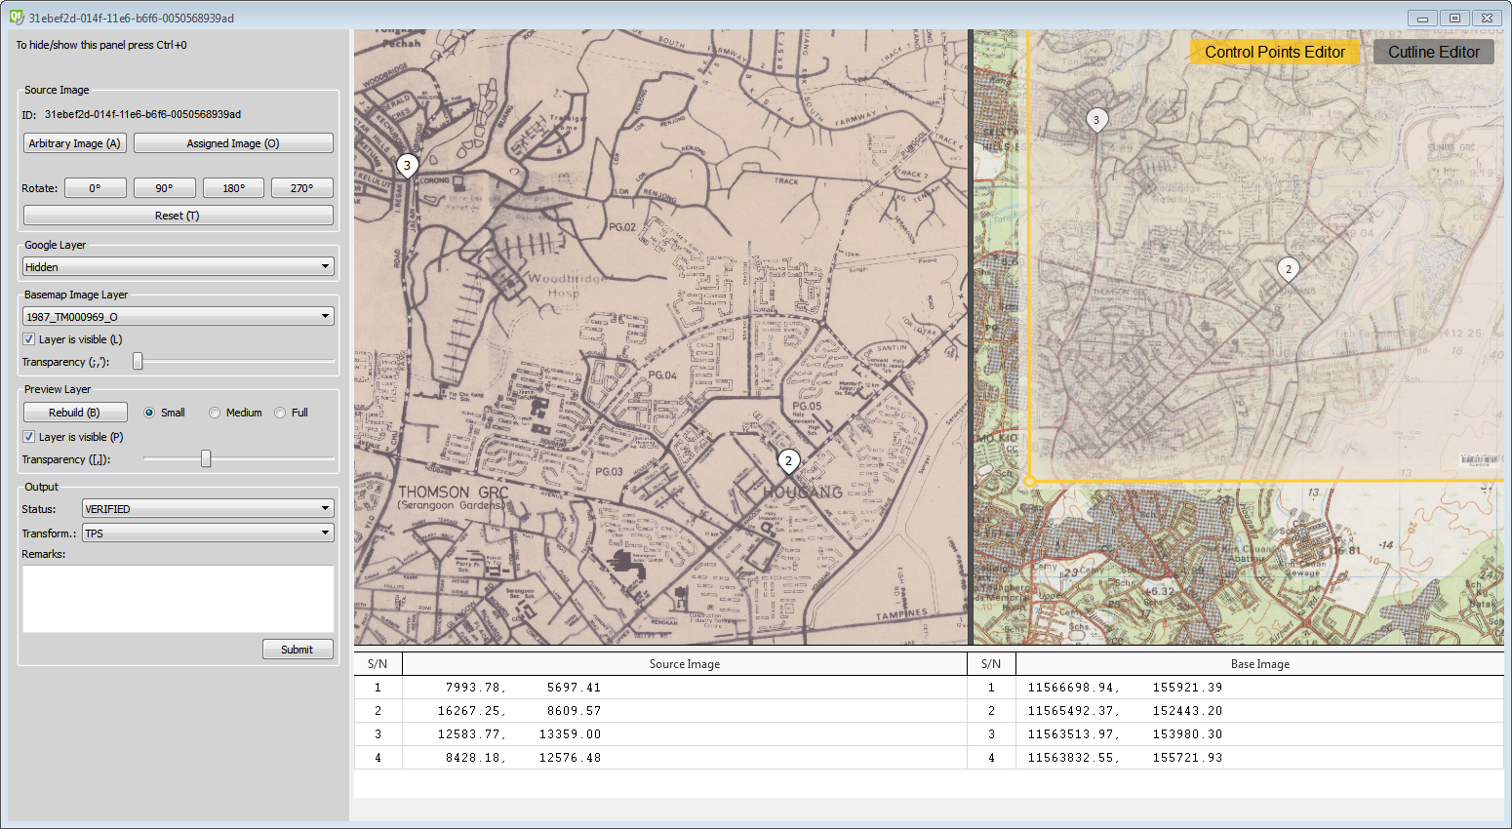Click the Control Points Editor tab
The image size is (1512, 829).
pos(1274,52)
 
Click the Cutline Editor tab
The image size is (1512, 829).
pos(1433,52)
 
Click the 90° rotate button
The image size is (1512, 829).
pos(164,188)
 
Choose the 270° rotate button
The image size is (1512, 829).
pos(301,188)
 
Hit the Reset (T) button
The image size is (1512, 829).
pos(178,216)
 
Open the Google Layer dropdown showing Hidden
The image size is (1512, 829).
pos(178,266)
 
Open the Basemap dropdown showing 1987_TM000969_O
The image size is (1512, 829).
pos(178,316)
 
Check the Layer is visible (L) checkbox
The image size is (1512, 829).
pos(28,339)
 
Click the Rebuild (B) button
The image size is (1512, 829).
pos(75,413)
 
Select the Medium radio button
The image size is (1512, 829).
pos(215,413)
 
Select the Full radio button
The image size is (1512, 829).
pos(281,413)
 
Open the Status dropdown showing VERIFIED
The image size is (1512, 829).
pos(208,508)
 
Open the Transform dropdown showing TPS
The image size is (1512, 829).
pos(208,533)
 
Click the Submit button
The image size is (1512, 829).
pos(298,650)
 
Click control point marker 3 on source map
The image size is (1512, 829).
pos(407,166)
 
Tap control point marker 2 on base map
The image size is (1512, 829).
pos(1288,269)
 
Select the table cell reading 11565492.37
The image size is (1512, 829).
pos(1072,711)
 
